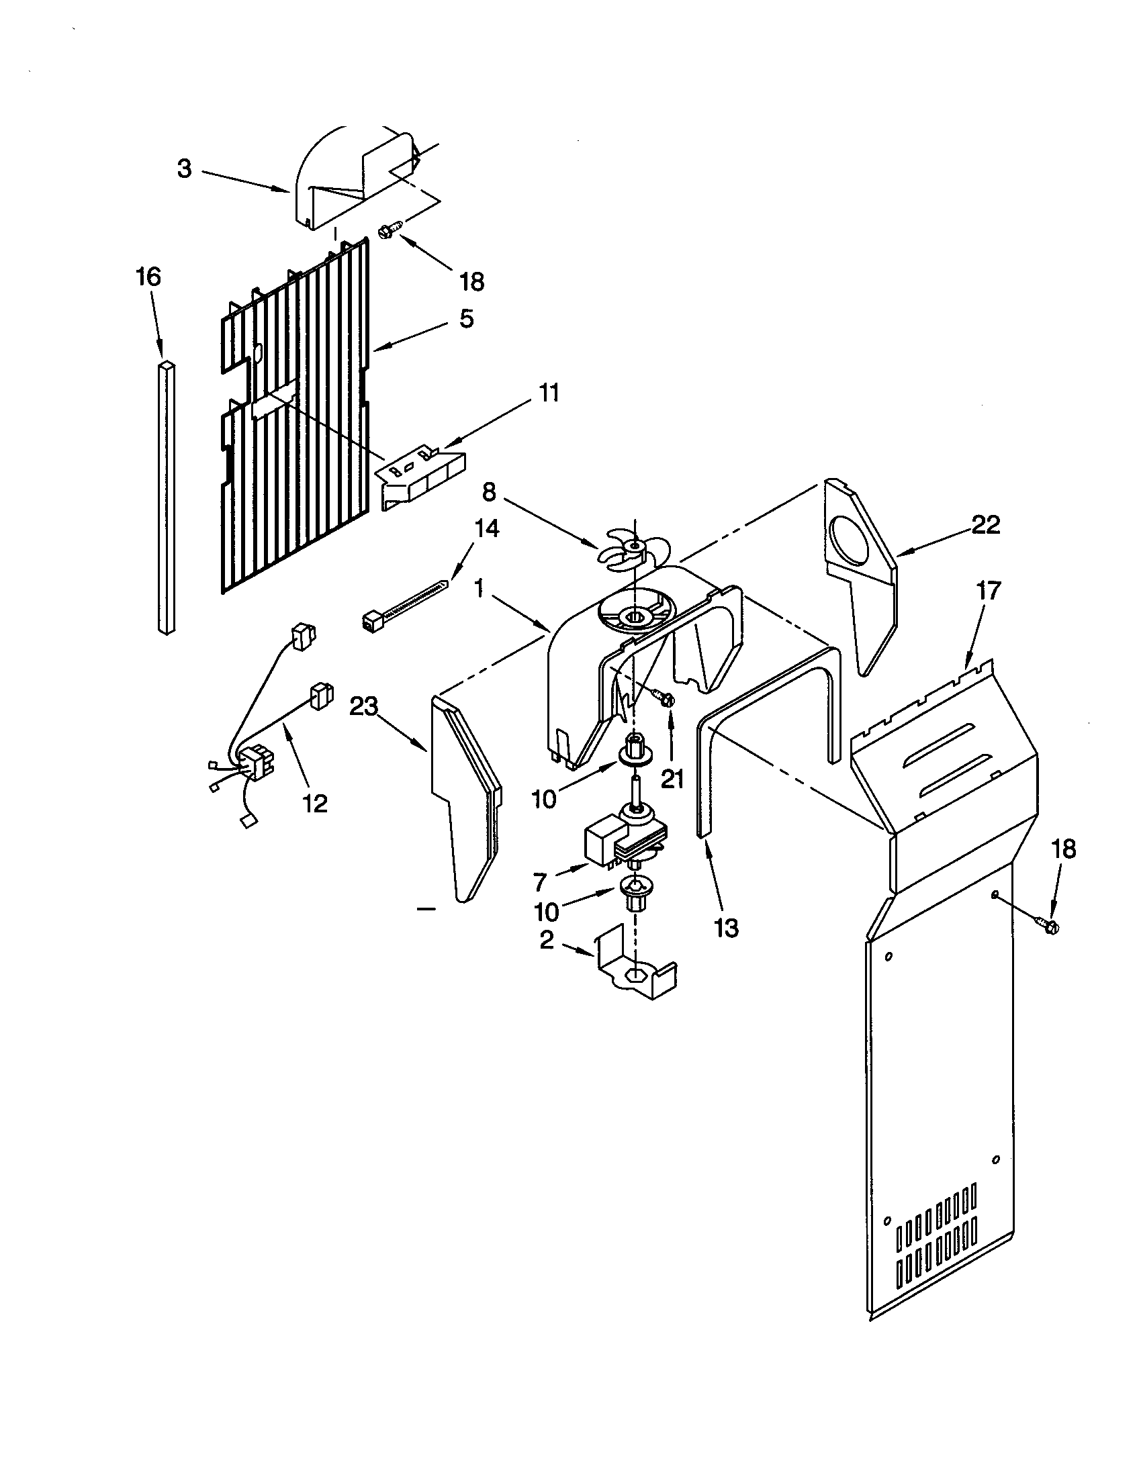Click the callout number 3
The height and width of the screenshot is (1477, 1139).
pos(185,169)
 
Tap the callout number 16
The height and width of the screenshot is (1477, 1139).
pos(149,277)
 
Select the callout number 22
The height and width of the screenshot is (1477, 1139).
pos(985,524)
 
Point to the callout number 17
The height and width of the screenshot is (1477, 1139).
pos(987,590)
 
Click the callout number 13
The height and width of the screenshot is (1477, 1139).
pos(726,928)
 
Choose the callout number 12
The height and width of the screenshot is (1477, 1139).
pos(315,804)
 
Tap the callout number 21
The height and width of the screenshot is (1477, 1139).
pos(672,779)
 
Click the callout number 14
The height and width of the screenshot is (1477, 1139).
pos(486,528)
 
